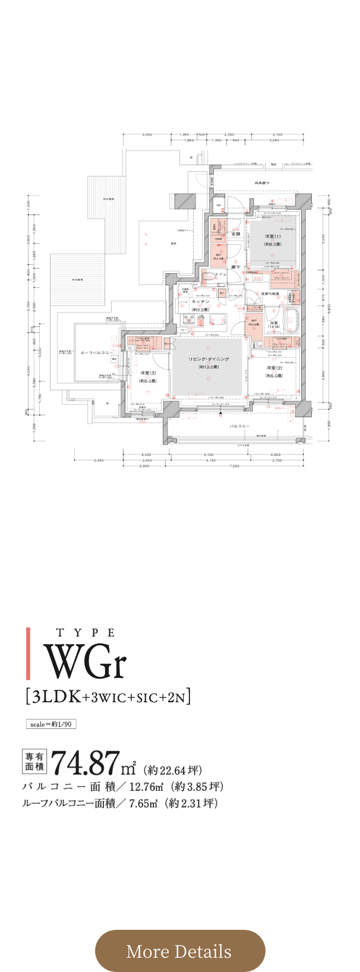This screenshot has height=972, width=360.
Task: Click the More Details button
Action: [179, 951]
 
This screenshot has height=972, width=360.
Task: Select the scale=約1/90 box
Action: [50, 724]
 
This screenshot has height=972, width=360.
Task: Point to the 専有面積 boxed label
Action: [34, 762]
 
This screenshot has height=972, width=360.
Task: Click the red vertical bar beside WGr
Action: [29, 654]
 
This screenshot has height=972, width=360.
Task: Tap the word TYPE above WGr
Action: [86, 633]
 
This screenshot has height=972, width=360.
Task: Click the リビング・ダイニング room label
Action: [209, 359]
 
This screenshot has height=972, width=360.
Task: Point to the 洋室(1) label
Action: [273, 236]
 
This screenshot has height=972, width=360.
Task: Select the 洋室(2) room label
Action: [274, 368]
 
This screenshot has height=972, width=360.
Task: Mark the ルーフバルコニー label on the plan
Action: [96, 352]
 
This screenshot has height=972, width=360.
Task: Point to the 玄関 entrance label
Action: [235, 234]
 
